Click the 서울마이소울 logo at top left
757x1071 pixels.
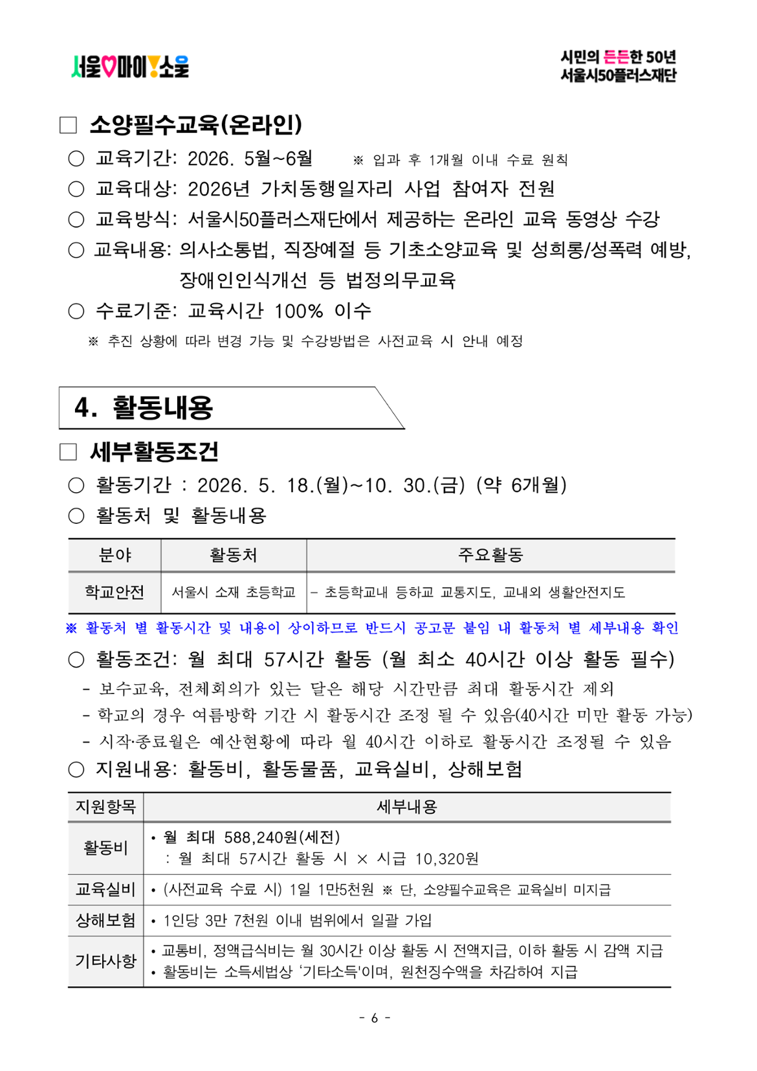point(130,66)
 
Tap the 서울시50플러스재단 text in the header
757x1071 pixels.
point(618,75)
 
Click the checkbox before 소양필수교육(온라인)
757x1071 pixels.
point(68,125)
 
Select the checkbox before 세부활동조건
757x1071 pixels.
point(68,452)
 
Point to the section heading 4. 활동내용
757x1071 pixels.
point(144,407)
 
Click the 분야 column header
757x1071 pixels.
point(115,555)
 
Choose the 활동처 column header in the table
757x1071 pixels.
point(234,555)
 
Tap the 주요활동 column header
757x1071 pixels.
point(490,555)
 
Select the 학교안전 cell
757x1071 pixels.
point(115,592)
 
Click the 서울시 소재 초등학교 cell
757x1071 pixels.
point(234,592)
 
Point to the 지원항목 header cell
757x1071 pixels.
point(105,807)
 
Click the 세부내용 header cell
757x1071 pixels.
point(407,807)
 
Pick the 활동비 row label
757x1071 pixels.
point(105,848)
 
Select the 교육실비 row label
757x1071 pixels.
point(105,890)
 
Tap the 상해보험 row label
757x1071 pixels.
point(105,920)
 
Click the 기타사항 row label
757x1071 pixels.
point(105,961)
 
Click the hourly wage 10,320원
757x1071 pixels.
point(447,859)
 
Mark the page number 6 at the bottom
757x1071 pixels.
point(375,1018)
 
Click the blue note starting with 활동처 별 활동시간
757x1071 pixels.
point(373,627)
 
